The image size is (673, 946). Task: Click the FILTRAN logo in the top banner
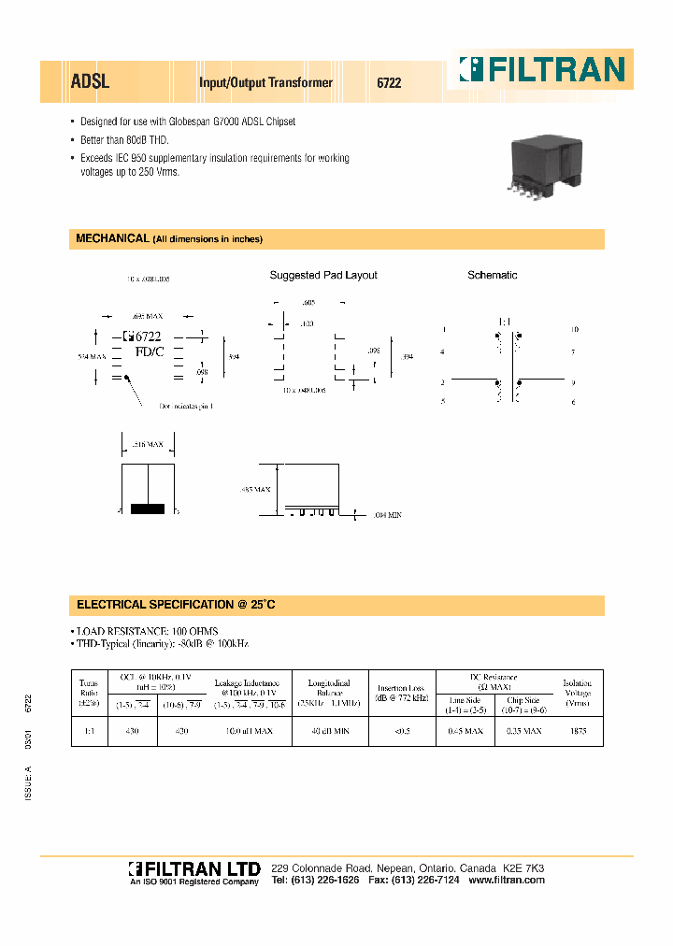[x=540, y=69]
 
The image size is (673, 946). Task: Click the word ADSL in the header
[x=90, y=81]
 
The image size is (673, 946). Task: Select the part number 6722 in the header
[x=389, y=82]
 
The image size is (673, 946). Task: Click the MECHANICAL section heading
[x=111, y=238]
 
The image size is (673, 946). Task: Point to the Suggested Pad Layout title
[x=323, y=275]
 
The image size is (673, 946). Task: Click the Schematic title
[x=492, y=275]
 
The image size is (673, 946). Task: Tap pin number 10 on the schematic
[x=575, y=330]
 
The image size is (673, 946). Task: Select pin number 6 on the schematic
[x=574, y=401]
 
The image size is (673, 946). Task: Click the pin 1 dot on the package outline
[x=128, y=379]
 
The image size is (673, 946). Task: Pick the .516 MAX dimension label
[x=147, y=444]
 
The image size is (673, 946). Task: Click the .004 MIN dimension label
[x=387, y=515]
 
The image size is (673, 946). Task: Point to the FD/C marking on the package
[x=149, y=352]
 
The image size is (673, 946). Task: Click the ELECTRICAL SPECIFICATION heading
[x=176, y=605]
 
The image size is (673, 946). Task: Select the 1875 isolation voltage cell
[x=578, y=731]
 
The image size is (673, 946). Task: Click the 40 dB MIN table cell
[x=330, y=731]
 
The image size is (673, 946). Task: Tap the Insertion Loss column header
[x=402, y=693]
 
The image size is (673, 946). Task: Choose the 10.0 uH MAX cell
[x=251, y=731]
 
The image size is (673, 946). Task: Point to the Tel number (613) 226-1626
[x=315, y=881]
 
